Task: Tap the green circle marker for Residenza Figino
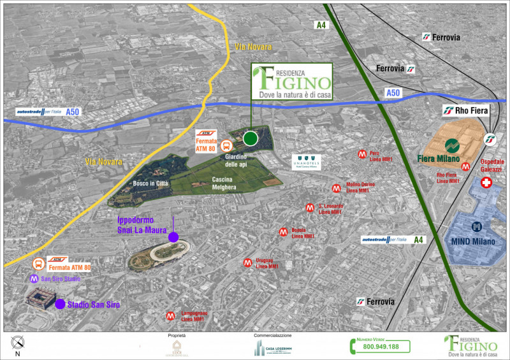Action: (x=251, y=138)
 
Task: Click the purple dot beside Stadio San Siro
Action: (x=60, y=304)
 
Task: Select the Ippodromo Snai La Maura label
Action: (x=142, y=225)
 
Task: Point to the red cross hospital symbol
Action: (x=486, y=184)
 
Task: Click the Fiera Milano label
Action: (x=439, y=158)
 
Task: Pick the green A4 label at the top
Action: (x=320, y=25)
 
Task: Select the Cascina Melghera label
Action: (x=224, y=184)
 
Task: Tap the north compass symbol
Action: (x=17, y=343)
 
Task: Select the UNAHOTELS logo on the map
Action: (x=307, y=162)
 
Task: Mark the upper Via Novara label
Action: (x=252, y=47)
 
